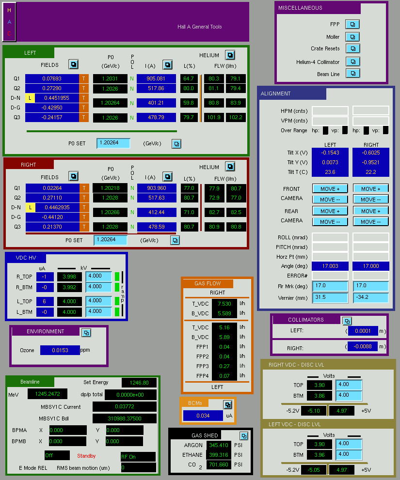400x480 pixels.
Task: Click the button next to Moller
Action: point(352,37)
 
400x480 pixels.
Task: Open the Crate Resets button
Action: point(352,48)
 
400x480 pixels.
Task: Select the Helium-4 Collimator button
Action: point(352,62)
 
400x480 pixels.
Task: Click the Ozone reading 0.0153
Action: point(60,350)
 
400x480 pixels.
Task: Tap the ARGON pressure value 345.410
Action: point(219,445)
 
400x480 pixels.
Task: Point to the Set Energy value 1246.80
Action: point(139,383)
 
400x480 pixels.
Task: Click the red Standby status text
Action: point(86,456)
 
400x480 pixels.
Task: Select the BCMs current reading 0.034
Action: point(203,416)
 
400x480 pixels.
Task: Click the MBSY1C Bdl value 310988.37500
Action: point(125,418)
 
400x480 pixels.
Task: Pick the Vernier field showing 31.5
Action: point(330,297)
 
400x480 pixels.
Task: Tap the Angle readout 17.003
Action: point(330,266)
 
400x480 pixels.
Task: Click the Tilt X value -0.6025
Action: point(371,153)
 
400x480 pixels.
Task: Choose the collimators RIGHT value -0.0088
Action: point(363,346)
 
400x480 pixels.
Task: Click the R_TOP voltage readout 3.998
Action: point(69,277)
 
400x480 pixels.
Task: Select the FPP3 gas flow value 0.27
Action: point(224,366)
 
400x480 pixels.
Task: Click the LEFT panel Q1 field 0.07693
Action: point(52,78)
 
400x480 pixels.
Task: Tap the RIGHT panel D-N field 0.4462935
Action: point(57,207)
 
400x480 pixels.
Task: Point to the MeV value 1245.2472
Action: point(48,394)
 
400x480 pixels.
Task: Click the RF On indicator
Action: point(138,457)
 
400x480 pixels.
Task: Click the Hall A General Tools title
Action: point(200,27)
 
